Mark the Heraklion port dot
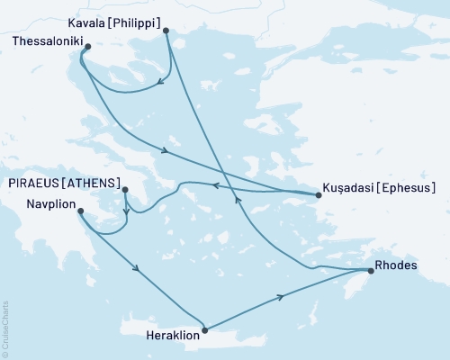click(x=206, y=330)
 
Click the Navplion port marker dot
click(x=80, y=211)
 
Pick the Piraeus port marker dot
click(x=125, y=190)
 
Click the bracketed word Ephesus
click(x=406, y=188)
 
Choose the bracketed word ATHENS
click(x=94, y=183)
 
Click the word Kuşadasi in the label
click(x=346, y=188)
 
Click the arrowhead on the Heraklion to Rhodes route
click(x=283, y=296)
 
